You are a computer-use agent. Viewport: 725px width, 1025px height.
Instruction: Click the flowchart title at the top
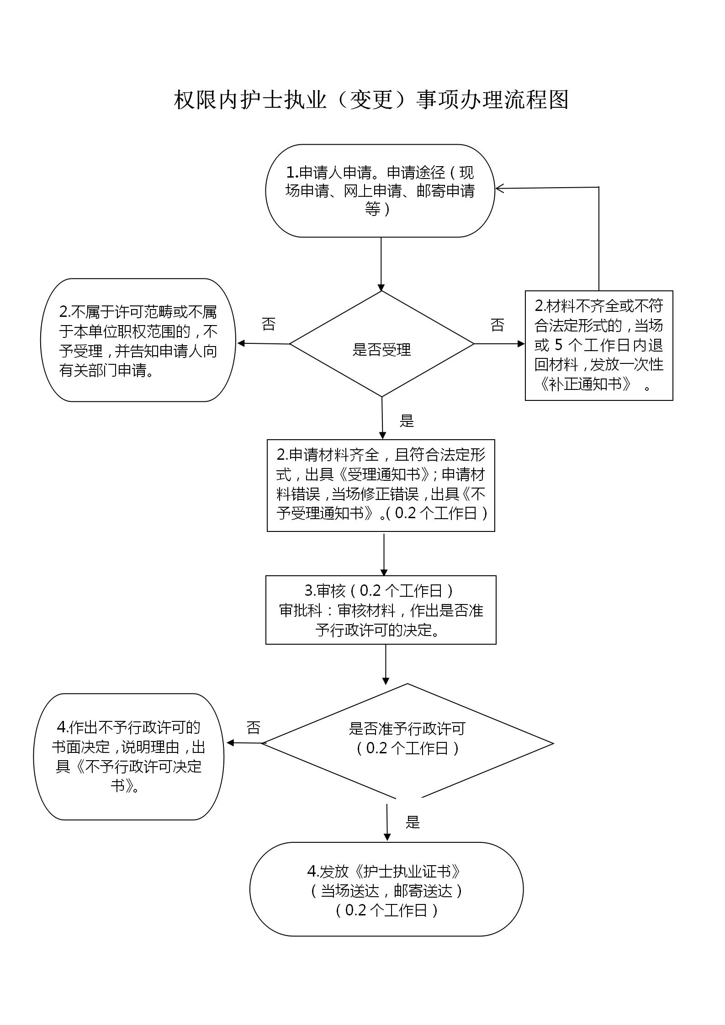pos(371,99)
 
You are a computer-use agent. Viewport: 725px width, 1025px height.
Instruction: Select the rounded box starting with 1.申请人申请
pos(380,191)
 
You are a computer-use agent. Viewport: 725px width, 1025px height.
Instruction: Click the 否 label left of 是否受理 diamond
pos(269,324)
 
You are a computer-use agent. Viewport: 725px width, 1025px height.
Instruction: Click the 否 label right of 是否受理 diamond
pos(497,325)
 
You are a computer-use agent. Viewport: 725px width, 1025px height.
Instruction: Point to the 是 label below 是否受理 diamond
pos(407,421)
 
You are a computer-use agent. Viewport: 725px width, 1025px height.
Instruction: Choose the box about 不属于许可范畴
pos(138,340)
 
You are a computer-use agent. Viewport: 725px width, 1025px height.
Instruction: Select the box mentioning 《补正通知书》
pos(599,345)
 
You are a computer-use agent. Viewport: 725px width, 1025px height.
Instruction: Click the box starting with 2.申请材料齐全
pos(381,485)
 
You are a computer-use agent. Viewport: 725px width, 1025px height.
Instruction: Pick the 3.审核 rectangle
pos(381,610)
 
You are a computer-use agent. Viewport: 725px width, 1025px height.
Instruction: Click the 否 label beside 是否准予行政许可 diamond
pos(254,727)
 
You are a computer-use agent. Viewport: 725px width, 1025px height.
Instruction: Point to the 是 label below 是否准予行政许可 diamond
pos(413,822)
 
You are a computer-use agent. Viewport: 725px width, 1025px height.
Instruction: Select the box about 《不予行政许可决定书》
pos(129,757)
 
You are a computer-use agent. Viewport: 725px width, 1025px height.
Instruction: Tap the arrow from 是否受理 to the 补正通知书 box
pos(500,344)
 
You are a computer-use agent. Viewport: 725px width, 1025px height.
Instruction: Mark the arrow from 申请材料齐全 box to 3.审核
pos(384,553)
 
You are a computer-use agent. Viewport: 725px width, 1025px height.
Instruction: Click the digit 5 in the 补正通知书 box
pos(559,344)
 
